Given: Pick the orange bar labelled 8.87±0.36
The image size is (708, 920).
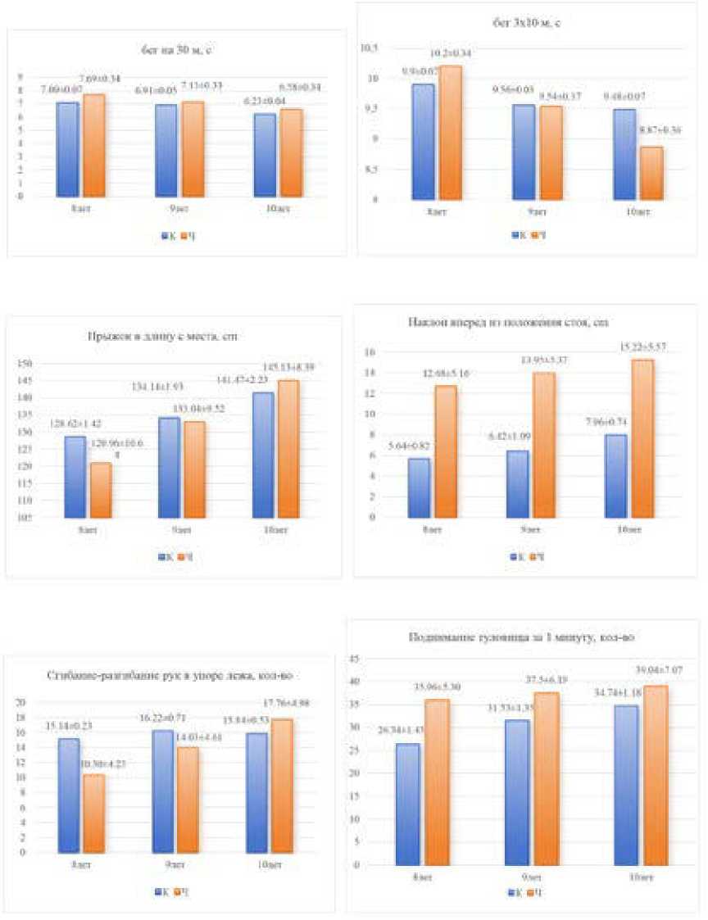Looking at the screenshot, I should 652,172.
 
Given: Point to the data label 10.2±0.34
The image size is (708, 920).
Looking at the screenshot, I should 447,54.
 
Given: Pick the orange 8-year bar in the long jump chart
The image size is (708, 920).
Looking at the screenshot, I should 102,489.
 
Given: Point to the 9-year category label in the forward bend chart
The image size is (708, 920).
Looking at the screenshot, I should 526,530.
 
